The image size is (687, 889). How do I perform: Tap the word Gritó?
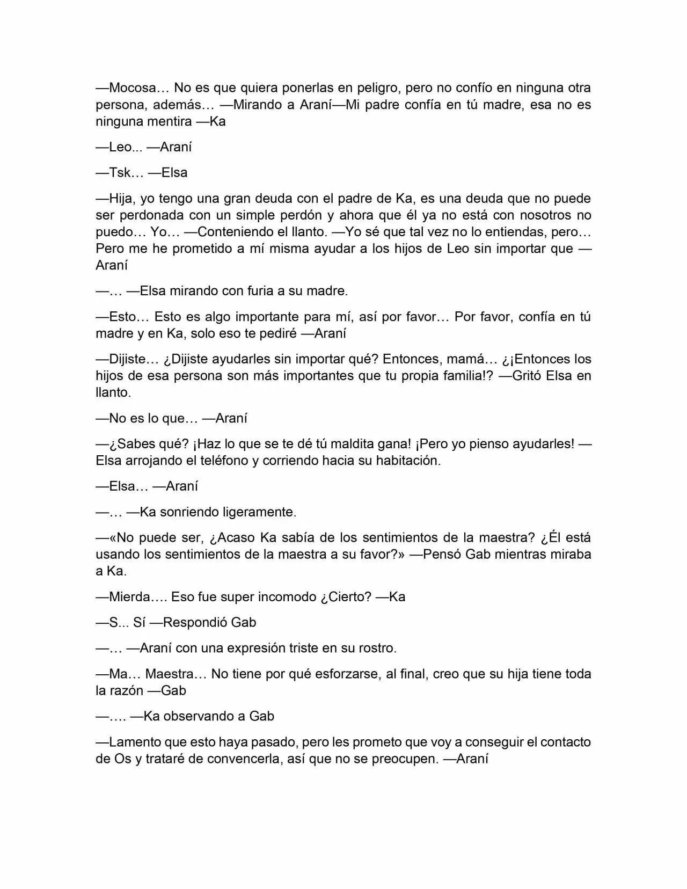pos(527,376)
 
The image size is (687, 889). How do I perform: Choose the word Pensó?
pos(442,555)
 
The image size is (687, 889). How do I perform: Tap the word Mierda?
pos(129,597)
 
